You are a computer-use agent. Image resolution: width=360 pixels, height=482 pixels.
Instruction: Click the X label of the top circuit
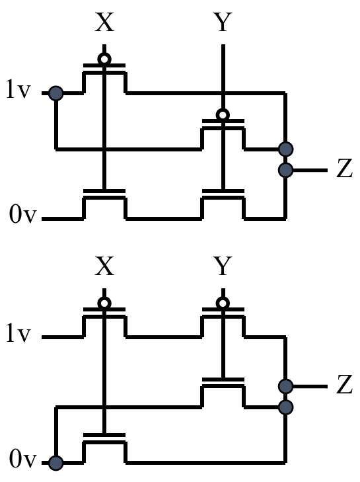tap(104, 22)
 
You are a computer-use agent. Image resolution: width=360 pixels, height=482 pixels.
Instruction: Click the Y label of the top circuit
tap(223, 22)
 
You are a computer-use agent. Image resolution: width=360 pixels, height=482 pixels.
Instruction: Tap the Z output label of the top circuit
tap(344, 168)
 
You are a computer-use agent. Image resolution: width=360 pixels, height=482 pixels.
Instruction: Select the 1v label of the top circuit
tap(18, 89)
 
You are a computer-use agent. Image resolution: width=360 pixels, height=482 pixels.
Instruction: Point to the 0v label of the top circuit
tap(22, 214)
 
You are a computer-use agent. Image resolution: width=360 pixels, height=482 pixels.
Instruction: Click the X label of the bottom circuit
tap(104, 266)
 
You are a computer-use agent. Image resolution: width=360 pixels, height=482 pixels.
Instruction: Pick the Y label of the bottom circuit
tap(223, 266)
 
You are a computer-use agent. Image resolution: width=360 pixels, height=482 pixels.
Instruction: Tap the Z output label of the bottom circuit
tap(344, 384)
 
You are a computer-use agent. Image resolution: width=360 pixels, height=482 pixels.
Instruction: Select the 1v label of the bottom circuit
tap(18, 333)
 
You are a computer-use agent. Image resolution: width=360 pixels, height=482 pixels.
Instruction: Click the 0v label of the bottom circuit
tap(22, 459)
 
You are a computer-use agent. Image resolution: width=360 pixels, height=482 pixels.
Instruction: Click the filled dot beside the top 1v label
tap(56, 93)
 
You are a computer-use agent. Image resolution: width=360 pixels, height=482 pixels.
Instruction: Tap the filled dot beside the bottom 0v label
tap(56, 463)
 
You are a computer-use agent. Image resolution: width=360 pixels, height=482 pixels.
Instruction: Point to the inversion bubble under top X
tap(104, 59)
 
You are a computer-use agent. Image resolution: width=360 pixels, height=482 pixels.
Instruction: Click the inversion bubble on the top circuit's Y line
tap(223, 115)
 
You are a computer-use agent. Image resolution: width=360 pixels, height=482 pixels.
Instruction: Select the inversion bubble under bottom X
tap(104, 303)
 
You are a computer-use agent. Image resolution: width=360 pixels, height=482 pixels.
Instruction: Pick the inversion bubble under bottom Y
tap(223, 303)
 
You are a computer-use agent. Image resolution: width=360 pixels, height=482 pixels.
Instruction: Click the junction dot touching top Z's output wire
tap(285, 170)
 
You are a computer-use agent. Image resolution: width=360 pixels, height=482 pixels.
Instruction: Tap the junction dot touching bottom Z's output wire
tap(285, 386)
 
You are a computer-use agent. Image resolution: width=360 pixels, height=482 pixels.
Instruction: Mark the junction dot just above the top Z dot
tap(285, 149)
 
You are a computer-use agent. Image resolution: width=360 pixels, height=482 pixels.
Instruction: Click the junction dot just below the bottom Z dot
tap(285, 407)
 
